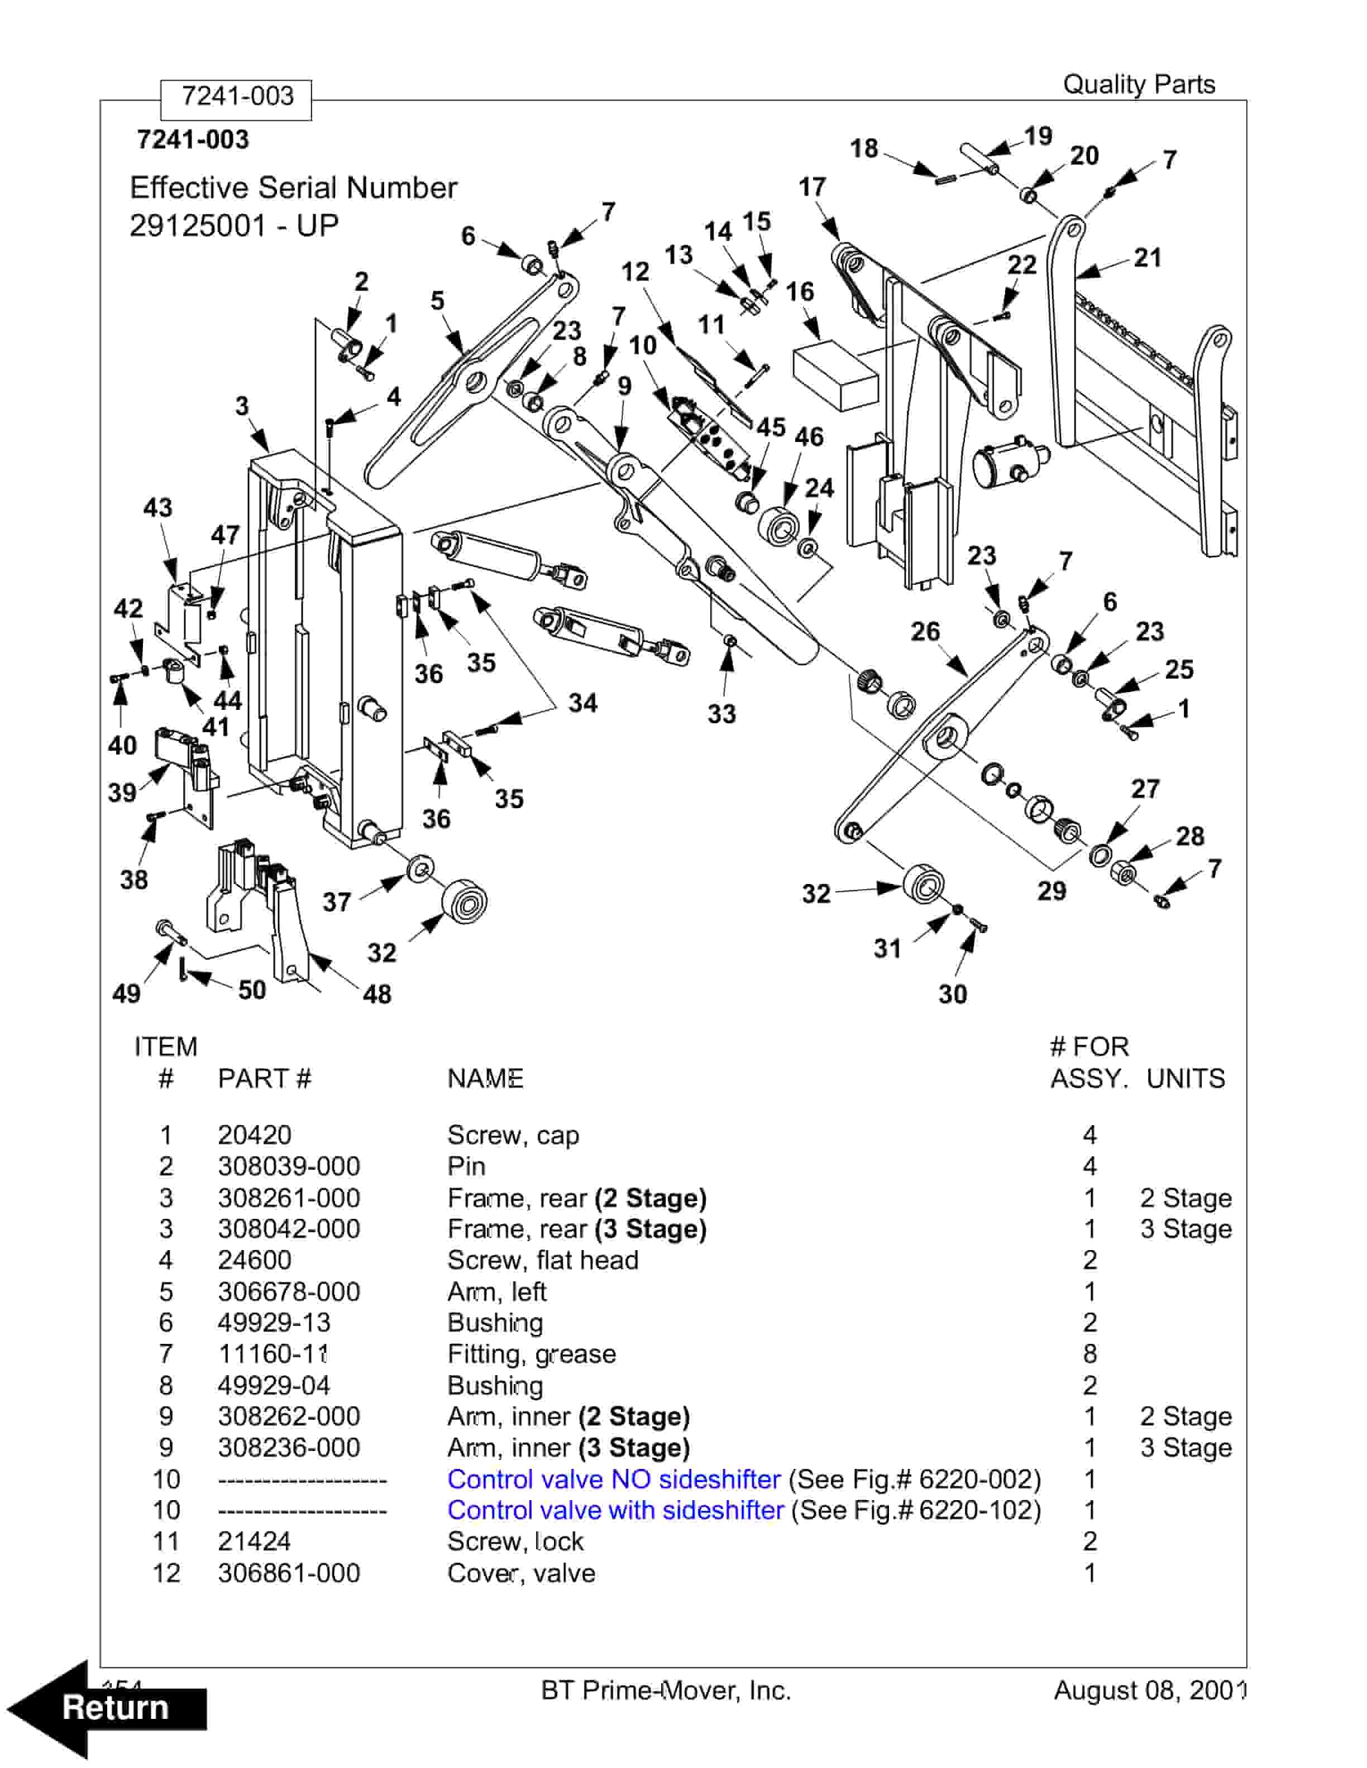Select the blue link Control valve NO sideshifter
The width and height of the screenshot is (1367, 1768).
(x=613, y=1479)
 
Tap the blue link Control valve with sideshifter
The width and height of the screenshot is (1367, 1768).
(x=615, y=1510)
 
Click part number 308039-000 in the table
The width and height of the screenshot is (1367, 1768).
(x=288, y=1166)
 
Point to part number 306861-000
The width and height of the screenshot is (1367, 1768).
(x=288, y=1573)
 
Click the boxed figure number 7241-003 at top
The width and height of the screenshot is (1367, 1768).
(x=236, y=97)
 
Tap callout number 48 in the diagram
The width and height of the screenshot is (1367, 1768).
(x=376, y=993)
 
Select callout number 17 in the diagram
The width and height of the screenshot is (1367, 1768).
(x=812, y=187)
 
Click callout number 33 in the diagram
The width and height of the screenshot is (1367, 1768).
(x=721, y=713)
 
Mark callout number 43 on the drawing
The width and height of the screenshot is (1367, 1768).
(x=158, y=507)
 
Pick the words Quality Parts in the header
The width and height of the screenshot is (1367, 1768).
(x=1138, y=84)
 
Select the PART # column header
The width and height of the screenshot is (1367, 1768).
(x=264, y=1078)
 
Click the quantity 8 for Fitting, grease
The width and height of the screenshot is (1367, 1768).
(x=1089, y=1353)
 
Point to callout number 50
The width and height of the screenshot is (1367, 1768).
(x=252, y=989)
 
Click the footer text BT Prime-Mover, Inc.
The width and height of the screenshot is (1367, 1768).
(x=666, y=1690)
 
